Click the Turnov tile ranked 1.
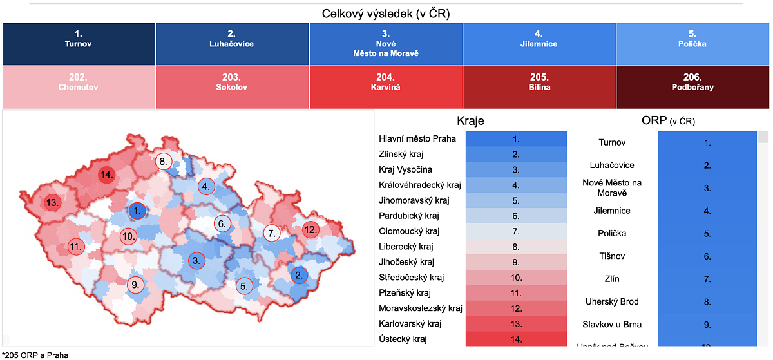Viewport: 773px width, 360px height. (x=79, y=44)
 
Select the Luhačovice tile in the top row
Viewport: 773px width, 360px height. (x=232, y=44)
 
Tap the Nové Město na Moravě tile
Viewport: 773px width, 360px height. (x=386, y=44)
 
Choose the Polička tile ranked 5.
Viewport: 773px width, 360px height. (x=692, y=44)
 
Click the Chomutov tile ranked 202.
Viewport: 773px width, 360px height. (x=79, y=87)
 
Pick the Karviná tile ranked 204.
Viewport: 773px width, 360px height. (x=386, y=87)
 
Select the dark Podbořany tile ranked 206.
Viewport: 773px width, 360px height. (x=692, y=87)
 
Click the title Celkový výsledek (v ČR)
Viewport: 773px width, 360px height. (x=386, y=14)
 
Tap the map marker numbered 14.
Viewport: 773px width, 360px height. (x=107, y=175)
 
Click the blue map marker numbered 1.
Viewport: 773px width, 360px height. (x=137, y=211)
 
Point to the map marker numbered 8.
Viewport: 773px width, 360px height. (x=164, y=162)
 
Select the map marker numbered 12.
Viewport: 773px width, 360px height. (x=310, y=230)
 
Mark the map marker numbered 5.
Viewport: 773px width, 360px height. (x=243, y=286)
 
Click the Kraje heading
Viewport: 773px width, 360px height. (x=470, y=120)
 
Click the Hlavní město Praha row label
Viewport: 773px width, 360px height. (x=417, y=138)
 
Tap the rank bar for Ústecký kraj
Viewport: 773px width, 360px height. (x=516, y=339)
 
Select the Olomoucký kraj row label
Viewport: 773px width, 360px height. (x=410, y=231)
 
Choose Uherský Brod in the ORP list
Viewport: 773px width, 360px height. (x=612, y=301)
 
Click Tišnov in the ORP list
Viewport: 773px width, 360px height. (x=612, y=256)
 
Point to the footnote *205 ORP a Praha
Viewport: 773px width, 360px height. (x=35, y=354)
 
